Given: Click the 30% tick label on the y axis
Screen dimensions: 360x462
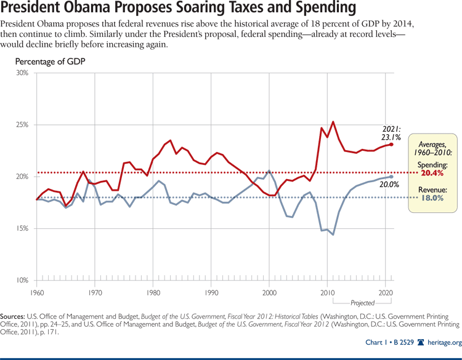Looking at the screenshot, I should click(22, 73).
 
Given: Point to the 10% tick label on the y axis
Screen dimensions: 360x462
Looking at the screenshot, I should click(22, 281).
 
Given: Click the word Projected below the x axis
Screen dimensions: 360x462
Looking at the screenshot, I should click(362, 303).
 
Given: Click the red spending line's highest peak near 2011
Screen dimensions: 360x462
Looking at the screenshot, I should click(333, 122).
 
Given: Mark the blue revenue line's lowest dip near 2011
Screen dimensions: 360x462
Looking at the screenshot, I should click(333, 234).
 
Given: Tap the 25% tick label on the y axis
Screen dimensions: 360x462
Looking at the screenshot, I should click(22, 125).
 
